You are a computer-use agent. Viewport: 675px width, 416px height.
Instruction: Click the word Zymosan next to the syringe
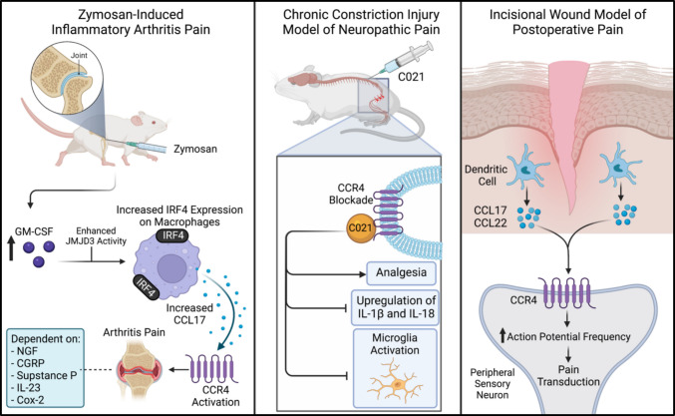coord(195,150)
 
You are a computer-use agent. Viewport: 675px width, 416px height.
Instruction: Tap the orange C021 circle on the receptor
coord(360,226)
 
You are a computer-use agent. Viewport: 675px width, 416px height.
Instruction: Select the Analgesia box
coord(401,272)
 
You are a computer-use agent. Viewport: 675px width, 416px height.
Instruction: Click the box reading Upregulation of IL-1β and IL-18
coord(395,307)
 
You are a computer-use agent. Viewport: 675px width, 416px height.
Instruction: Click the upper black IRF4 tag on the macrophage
coord(172,235)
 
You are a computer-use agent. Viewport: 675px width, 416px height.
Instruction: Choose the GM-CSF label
coord(34,231)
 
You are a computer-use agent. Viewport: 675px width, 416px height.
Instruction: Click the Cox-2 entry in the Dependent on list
coord(28,400)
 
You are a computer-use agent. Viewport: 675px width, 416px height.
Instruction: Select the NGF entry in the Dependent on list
coord(25,351)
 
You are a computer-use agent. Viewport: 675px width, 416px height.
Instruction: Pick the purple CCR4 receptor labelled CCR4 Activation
coord(212,369)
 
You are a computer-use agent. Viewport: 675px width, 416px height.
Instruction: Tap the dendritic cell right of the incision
coord(620,165)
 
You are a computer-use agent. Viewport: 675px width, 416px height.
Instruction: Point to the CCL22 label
coord(490,223)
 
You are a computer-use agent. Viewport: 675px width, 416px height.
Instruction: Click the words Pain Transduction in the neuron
coord(568,375)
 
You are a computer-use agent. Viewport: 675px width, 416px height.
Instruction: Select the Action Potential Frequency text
coord(568,337)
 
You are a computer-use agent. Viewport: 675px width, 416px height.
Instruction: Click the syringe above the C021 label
coord(407,58)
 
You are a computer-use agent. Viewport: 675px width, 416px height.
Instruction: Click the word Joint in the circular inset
coord(79,55)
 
